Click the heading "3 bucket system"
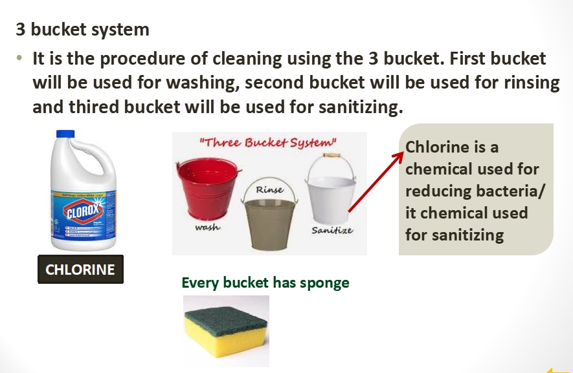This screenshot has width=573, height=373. click(x=82, y=29)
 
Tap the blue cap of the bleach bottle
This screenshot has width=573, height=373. click(x=66, y=134)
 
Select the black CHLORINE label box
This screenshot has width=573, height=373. click(x=80, y=269)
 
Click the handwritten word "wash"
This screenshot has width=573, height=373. click(x=207, y=228)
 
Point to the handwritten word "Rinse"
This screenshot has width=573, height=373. click(x=269, y=190)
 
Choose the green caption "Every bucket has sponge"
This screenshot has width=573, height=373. click(x=265, y=282)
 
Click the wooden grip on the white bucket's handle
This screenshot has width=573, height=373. click(x=331, y=156)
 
